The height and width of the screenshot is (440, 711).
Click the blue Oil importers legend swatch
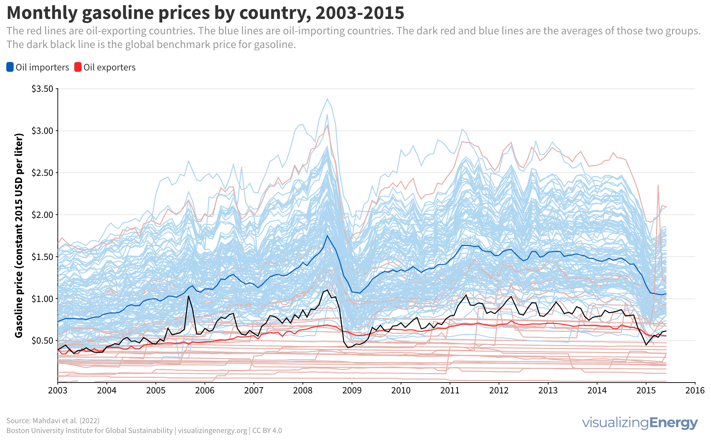pos(10,67)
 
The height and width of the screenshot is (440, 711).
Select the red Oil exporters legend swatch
pos(78,67)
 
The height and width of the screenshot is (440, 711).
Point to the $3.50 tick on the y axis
pos(43,89)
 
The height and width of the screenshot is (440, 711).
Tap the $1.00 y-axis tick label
pos(43,299)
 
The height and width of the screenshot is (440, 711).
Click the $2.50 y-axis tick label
pos(43,173)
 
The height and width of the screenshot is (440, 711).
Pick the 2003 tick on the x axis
pos(57,391)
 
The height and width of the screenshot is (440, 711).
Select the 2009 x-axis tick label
pos(352,391)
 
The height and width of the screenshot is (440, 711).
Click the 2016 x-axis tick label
pos(695,391)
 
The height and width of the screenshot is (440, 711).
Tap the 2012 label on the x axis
pos(499,391)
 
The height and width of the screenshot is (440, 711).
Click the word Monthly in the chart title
pos(42,13)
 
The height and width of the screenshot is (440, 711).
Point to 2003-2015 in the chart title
pos(360,13)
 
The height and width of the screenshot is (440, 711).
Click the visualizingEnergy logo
pos(640,423)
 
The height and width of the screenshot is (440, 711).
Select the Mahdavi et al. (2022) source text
pos(66,421)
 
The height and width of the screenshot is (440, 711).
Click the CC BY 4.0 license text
pos(267,431)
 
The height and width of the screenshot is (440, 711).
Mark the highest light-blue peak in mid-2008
pos(327,99)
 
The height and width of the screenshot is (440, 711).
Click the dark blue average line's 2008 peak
pos(327,235)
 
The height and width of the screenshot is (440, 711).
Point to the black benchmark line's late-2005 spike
pos(188,296)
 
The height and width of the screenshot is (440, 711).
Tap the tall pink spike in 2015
pos(658,185)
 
